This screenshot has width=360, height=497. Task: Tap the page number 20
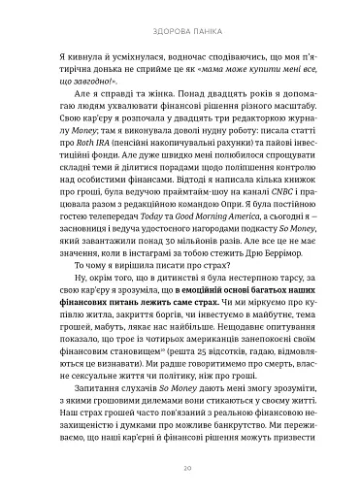tap(180, 467)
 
